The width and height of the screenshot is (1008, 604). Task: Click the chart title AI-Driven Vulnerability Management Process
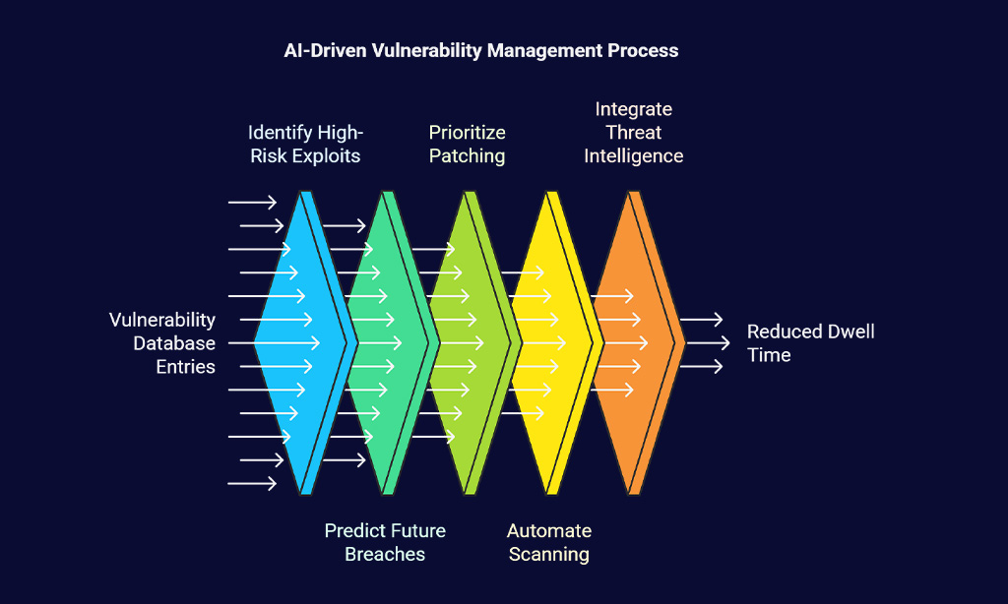point(480,50)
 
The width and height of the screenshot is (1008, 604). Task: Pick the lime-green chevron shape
point(470,342)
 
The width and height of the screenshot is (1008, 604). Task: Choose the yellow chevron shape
point(551,342)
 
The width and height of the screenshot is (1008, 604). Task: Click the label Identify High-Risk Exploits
point(305,144)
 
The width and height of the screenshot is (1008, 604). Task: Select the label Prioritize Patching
point(467,144)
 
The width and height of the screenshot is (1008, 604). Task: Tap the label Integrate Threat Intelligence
point(633,133)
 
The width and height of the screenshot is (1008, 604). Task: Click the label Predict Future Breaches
point(385,542)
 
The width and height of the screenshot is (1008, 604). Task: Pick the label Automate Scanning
point(549,542)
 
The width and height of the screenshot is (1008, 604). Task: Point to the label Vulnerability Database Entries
point(162,343)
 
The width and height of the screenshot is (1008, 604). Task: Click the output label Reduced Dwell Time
point(811,343)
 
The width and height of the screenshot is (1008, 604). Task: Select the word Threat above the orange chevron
point(633,133)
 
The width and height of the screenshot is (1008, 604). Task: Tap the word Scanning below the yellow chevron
point(549,554)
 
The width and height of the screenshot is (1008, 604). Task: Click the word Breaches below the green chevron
point(385,554)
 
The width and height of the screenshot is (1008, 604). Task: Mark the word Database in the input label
point(174,343)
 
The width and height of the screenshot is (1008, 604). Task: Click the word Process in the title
point(643,50)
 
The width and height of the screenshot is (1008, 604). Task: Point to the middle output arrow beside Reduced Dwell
point(708,343)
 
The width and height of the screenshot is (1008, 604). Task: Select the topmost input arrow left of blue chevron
point(252,203)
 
